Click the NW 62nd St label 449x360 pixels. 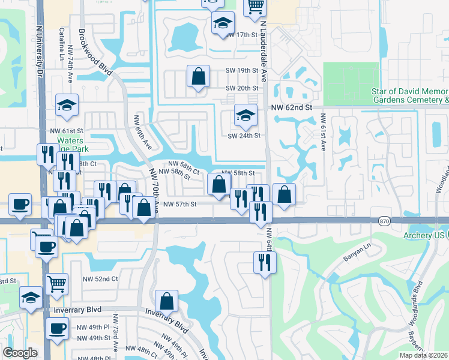(292, 107)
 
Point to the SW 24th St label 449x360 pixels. (244, 136)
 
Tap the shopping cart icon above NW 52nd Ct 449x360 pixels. (56, 282)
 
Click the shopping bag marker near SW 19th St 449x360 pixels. (198, 77)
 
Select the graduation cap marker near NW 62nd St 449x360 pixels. (245, 115)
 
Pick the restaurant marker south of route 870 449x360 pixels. (265, 262)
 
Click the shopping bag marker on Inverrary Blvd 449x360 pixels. (166, 301)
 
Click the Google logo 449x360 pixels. (20, 353)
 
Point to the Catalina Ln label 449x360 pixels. (63, 37)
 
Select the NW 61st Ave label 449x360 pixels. (323, 132)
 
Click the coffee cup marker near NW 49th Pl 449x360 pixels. (58, 329)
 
